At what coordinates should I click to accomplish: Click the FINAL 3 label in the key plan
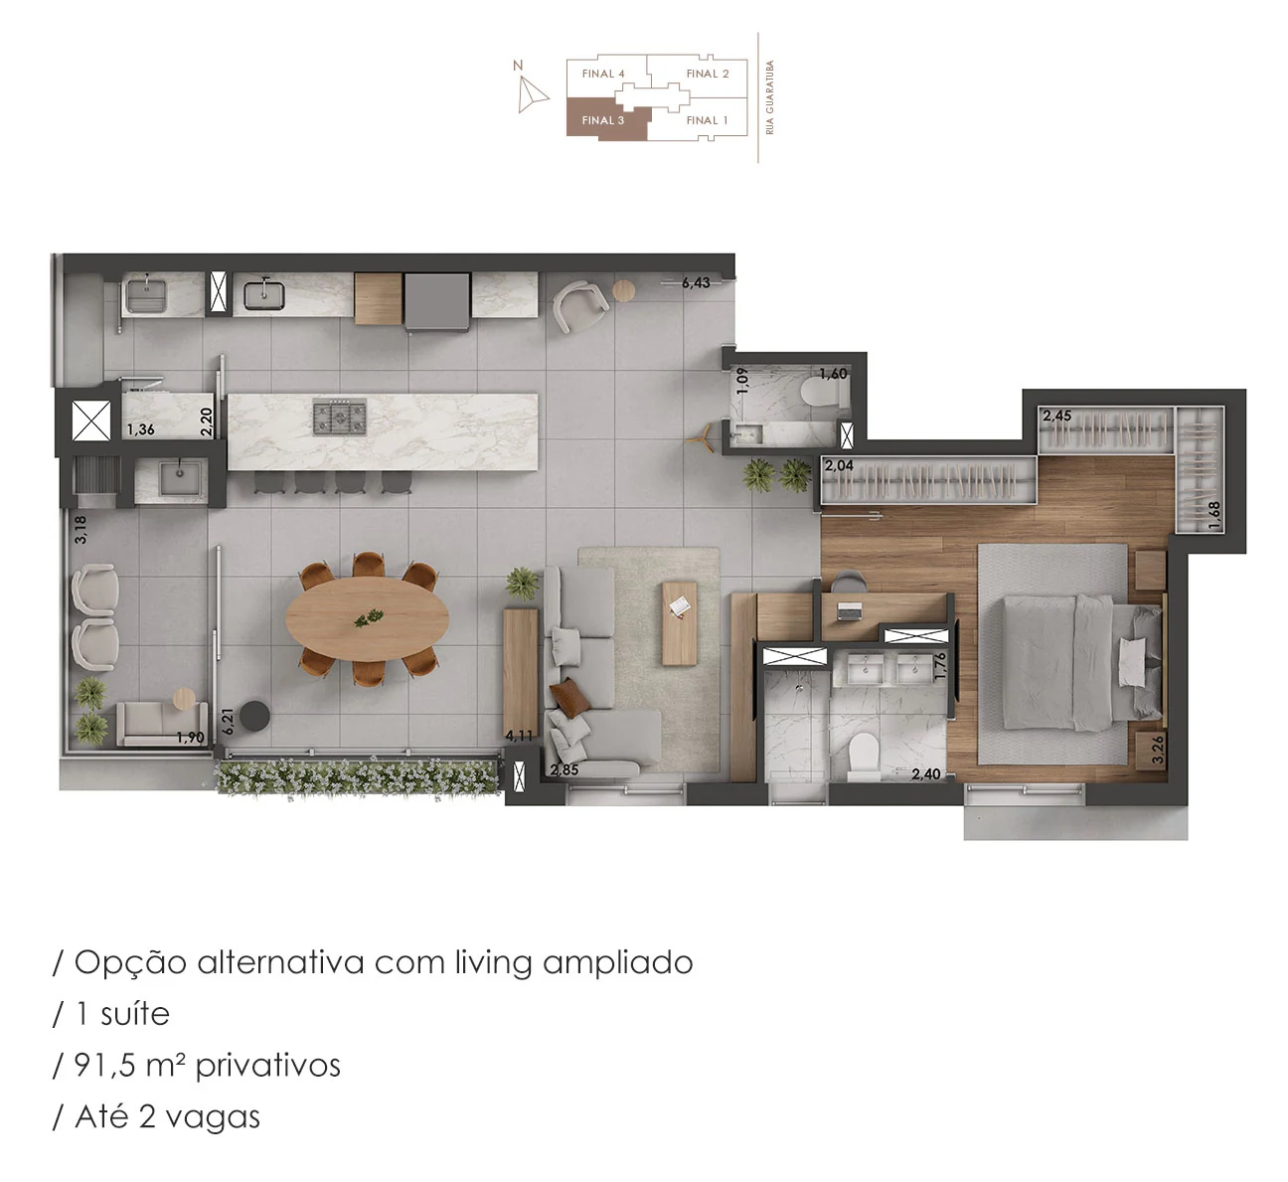pos(602,120)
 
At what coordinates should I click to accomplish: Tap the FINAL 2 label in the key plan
pos(707,74)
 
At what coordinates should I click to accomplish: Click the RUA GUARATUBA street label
pos(770,97)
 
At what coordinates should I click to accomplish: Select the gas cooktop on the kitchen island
pos(340,417)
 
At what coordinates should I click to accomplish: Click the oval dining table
pos(367,618)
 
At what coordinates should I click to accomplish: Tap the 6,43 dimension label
pos(696,282)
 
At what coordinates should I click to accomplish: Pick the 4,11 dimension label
pos(519,736)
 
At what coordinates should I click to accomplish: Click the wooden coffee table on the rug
pos(680,623)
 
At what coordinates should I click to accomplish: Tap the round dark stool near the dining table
pos(254,716)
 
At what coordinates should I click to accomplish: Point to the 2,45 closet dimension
pos(1056,416)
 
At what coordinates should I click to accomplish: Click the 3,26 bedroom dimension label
pos(1157,749)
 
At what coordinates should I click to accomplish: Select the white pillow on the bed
pos(1132,662)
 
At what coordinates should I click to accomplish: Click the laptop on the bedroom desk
pos(849,611)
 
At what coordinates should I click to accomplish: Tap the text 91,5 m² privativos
pos(207,1066)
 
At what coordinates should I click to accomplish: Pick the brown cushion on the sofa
pos(568,698)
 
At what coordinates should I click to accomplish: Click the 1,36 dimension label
pos(140,429)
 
